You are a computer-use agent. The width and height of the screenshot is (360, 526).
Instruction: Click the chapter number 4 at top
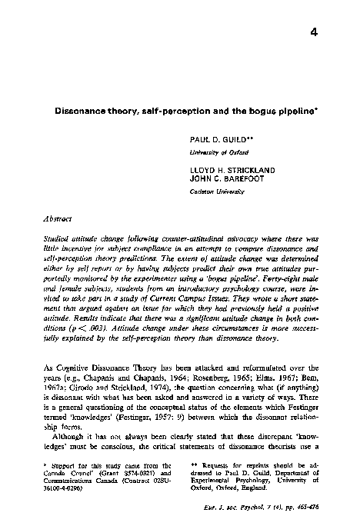point(314,32)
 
